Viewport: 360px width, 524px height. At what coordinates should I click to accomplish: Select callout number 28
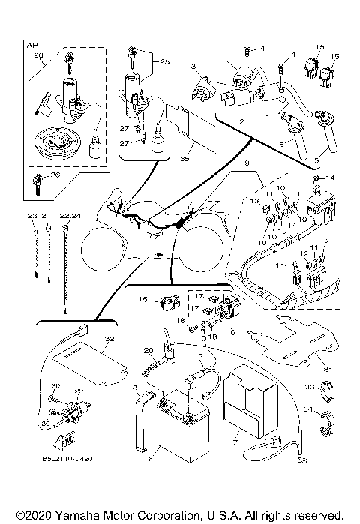point(39,55)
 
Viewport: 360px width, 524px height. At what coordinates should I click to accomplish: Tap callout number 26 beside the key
point(52,176)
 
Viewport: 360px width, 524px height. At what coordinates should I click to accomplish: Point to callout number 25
point(165,62)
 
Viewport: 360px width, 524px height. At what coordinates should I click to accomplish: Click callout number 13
point(254,202)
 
